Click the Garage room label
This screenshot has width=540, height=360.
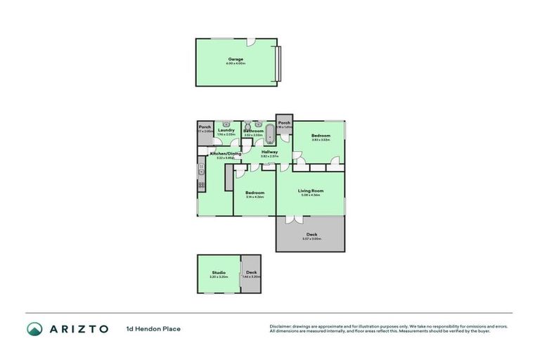point(235,59)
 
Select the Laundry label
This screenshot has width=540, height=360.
point(226,129)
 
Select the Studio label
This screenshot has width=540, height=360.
point(219,273)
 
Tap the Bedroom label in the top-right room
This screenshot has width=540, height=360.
point(321,135)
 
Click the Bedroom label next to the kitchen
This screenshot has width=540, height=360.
point(255,193)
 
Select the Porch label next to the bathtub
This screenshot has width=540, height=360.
point(284,123)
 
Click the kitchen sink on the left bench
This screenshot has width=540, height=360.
point(201,169)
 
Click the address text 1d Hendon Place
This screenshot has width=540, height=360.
point(153,328)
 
